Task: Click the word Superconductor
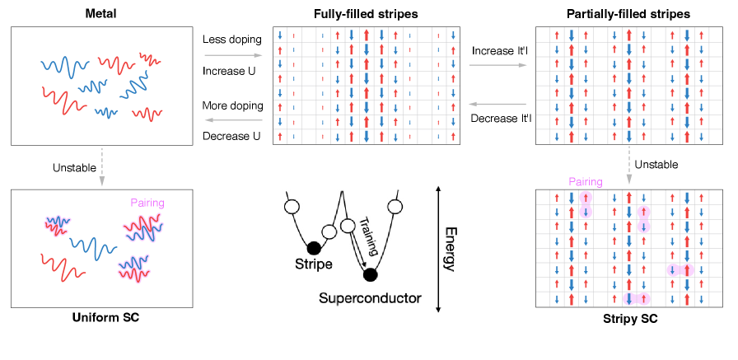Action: pyautogui.click(x=370, y=297)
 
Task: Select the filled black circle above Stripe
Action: pyautogui.click(x=313, y=248)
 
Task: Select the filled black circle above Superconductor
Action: pyautogui.click(x=370, y=274)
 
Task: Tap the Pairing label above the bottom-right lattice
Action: pyautogui.click(x=585, y=182)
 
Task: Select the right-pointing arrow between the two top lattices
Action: pyautogui.click(x=497, y=64)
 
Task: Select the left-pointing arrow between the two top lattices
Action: pyautogui.click(x=497, y=105)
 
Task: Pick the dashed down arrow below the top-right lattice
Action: pyautogui.click(x=628, y=166)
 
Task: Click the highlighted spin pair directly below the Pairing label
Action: pyautogui.click(x=585, y=205)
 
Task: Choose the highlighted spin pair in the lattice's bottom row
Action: pyautogui.click(x=636, y=299)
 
